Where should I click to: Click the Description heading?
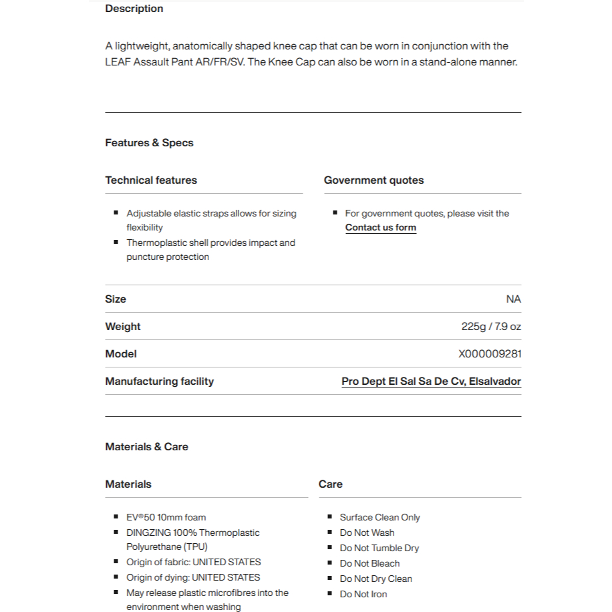click(134, 9)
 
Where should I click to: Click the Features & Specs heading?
click(149, 143)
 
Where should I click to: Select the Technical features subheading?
click(151, 180)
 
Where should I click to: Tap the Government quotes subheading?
click(373, 180)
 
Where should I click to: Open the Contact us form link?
click(380, 228)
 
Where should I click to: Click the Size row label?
click(116, 299)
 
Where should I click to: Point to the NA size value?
click(513, 299)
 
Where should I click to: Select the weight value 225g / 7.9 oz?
click(491, 327)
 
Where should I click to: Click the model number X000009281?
click(490, 354)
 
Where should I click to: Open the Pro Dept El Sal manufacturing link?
click(431, 381)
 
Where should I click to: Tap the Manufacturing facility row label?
click(159, 381)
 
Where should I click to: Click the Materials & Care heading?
click(146, 447)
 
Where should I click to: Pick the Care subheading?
click(331, 484)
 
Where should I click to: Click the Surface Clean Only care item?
click(379, 517)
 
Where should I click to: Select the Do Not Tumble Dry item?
click(379, 548)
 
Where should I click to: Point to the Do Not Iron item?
click(363, 594)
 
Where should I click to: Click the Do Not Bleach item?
click(369, 563)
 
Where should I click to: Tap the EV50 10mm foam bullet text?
click(166, 517)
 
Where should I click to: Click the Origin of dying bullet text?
click(193, 577)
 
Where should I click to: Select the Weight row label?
click(123, 327)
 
